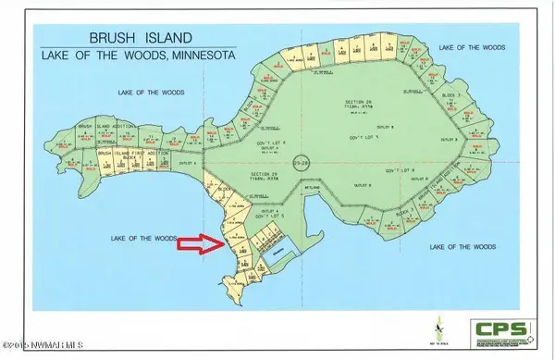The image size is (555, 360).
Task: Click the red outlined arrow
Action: (198, 244)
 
